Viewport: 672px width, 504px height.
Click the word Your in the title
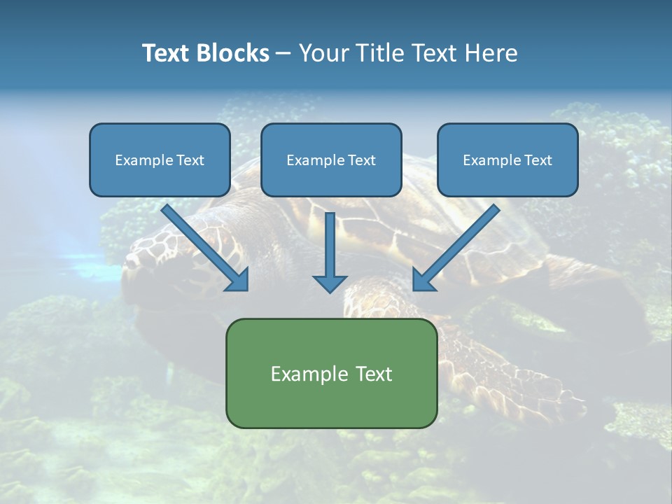[322, 53]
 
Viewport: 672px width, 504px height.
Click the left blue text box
[160, 160]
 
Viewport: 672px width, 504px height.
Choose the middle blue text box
[331, 160]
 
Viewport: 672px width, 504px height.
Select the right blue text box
[507, 160]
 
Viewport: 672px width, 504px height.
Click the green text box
[331, 373]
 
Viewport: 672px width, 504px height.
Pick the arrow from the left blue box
[203, 245]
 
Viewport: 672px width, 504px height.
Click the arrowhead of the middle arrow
[330, 282]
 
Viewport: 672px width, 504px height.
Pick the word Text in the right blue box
[537, 160]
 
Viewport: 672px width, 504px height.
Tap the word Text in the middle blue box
[361, 160]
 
